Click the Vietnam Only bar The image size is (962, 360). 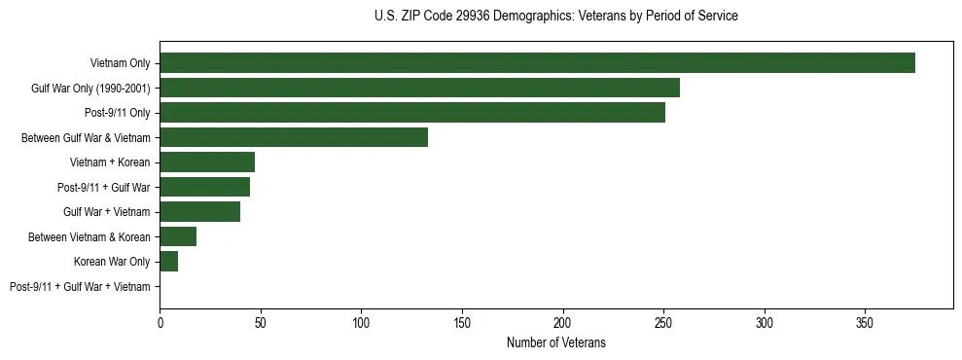[x=537, y=63]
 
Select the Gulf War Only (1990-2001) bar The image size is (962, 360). [x=419, y=89]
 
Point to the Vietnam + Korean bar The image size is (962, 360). [x=207, y=162]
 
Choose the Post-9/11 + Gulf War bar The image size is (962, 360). [x=204, y=187]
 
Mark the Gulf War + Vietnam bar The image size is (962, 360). [x=199, y=212]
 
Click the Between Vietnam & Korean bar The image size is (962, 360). [x=178, y=236]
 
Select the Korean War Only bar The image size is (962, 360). [x=169, y=262]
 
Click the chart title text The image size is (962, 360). [x=555, y=17]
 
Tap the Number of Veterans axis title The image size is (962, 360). [x=555, y=342]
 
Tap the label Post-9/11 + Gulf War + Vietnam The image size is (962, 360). [x=80, y=286]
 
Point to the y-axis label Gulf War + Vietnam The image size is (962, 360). [x=107, y=212]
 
